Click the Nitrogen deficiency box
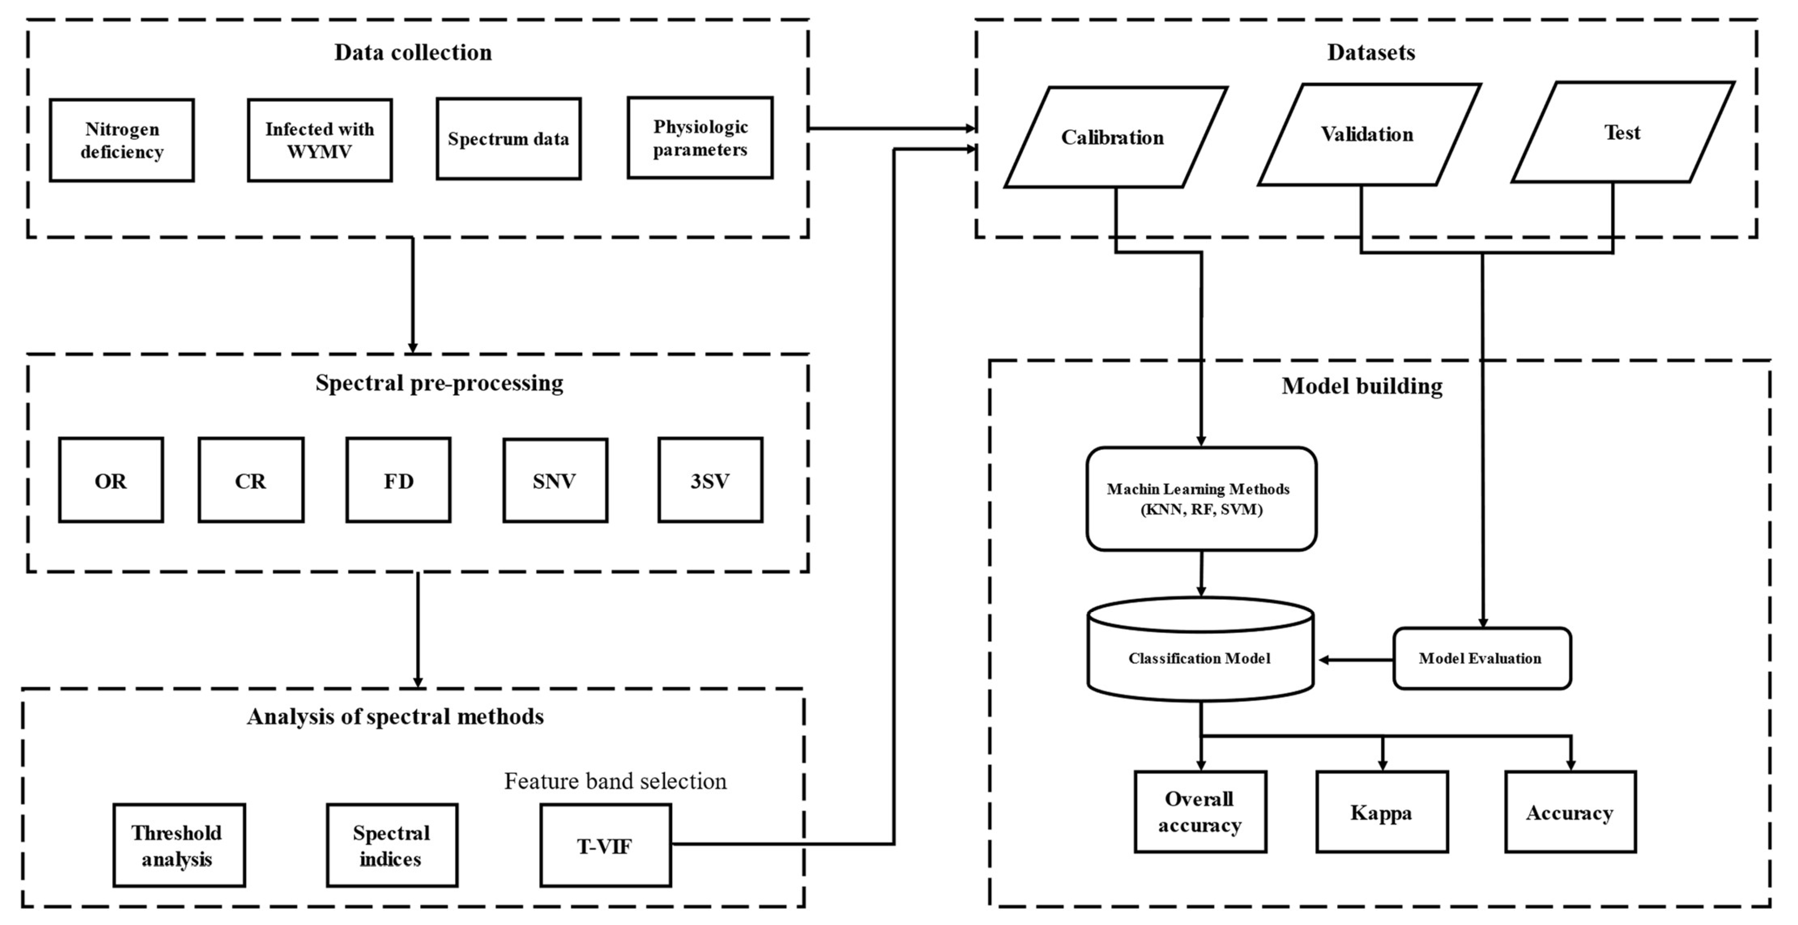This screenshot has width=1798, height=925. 122,140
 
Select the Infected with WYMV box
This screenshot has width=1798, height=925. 320,140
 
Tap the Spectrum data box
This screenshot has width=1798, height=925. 508,139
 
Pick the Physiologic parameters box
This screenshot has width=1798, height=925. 700,138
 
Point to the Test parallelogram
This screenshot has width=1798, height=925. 1622,133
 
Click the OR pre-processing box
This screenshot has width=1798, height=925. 111,480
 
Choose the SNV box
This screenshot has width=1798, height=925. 555,480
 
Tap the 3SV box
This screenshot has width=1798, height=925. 710,480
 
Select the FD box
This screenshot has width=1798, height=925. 399,480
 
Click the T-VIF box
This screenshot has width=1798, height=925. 605,845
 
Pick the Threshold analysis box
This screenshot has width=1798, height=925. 179,845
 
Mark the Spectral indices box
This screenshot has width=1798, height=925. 392,845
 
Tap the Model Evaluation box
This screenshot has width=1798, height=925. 1481,658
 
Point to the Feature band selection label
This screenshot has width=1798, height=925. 615,781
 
